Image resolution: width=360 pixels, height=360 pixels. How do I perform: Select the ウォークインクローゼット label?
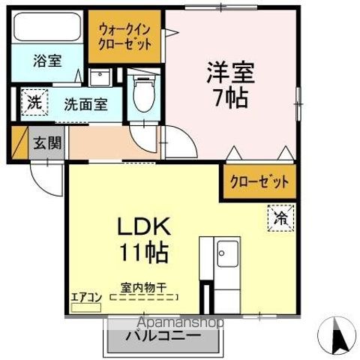coord(125,35)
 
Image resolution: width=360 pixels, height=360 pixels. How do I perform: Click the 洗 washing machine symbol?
coord(34,101)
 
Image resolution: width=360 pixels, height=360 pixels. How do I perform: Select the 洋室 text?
coord(231,73)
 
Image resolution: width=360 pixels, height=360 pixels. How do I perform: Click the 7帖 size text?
coord(231,98)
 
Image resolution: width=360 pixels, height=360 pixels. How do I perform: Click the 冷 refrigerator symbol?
coord(279,219)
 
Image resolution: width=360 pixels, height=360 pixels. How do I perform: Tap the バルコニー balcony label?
coord(167,337)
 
